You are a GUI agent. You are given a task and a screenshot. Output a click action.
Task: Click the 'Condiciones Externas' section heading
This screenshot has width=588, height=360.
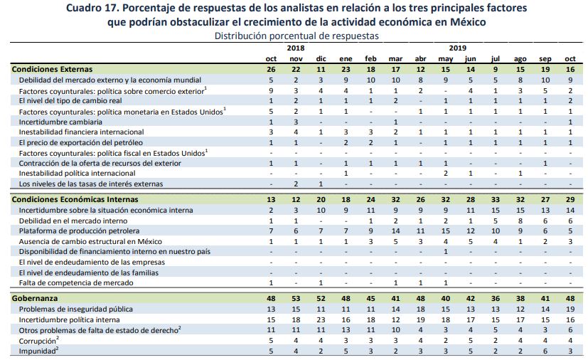coord(52,69)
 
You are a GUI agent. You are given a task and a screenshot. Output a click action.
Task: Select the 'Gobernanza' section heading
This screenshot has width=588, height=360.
coord(35,298)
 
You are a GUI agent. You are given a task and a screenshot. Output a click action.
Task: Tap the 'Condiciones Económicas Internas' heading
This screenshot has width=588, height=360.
coord(75,199)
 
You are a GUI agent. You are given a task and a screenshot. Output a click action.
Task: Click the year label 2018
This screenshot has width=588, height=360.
coord(296,48)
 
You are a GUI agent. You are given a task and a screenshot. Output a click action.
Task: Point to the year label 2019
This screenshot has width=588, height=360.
coord(457,48)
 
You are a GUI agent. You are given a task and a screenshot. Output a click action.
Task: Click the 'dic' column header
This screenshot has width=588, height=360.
coord(321,59)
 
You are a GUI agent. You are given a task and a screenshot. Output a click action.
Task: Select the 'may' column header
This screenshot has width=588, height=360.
coord(446,59)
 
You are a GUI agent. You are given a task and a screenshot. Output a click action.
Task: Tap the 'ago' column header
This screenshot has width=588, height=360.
coord(520,59)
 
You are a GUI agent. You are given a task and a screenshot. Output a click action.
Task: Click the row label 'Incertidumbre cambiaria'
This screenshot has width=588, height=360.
coord(60,122)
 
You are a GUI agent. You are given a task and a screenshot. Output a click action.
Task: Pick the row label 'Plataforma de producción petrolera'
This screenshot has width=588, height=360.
coord(79,231)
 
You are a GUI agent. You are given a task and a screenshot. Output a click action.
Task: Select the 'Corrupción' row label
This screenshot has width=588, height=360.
coord(39,341)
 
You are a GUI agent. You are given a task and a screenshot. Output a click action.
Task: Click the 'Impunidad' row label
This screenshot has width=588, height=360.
coord(38,351)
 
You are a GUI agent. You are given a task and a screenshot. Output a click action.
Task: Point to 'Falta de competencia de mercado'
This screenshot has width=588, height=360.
coord(76,282)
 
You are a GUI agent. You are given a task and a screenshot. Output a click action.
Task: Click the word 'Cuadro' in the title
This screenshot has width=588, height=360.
coord(82,8)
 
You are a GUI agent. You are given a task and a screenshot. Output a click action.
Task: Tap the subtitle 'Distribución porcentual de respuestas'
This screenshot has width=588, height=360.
coord(296,36)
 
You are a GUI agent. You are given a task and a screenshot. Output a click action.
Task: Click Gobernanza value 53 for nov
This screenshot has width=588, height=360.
coord(296,298)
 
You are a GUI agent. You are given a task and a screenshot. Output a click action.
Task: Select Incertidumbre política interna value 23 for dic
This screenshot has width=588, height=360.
coord(321,320)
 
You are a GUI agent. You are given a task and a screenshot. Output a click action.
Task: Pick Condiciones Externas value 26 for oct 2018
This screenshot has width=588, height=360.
coord(271,70)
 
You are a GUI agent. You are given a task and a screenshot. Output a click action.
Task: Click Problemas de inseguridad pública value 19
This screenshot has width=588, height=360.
coord(570,309)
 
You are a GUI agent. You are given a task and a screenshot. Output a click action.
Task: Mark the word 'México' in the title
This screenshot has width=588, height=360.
coord(468,22)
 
